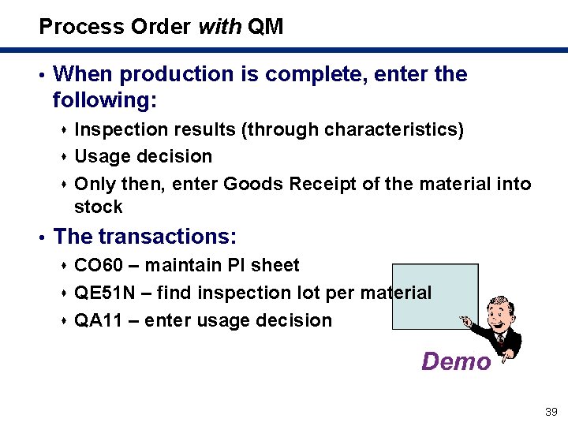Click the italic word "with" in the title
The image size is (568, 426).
coord(220,27)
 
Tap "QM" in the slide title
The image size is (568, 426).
coord(265,27)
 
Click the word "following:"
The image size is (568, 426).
coord(105,101)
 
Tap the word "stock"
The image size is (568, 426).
coord(99,207)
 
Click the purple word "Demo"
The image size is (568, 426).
coord(456,361)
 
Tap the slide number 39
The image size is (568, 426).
coord(551,412)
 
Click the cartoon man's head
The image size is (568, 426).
coord(499,312)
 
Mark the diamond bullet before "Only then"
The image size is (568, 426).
coord(63,185)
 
